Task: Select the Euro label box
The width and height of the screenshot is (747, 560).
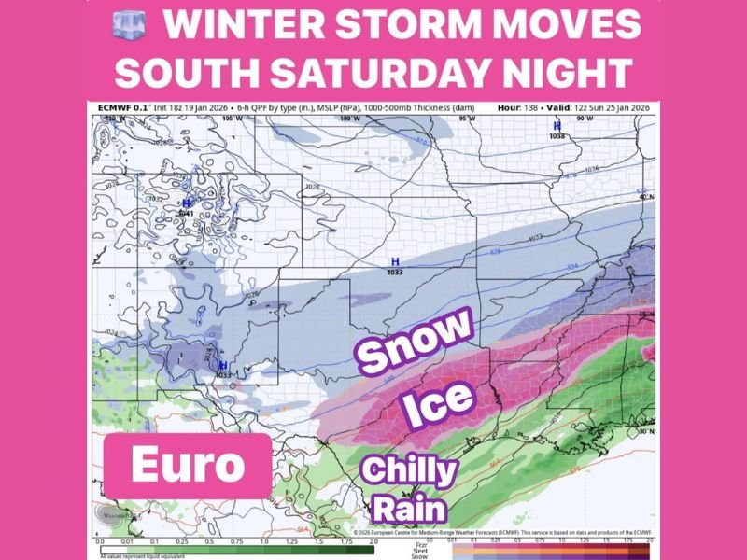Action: tap(188, 464)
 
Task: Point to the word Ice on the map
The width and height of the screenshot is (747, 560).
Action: tap(439, 399)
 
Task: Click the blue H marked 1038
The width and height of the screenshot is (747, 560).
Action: tap(557, 125)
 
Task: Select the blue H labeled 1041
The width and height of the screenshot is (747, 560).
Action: tap(186, 203)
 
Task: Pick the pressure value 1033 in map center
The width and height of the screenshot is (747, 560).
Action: tap(395, 272)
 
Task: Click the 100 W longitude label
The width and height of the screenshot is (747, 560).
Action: tap(349, 119)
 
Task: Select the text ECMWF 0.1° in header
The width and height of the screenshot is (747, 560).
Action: tap(121, 108)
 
